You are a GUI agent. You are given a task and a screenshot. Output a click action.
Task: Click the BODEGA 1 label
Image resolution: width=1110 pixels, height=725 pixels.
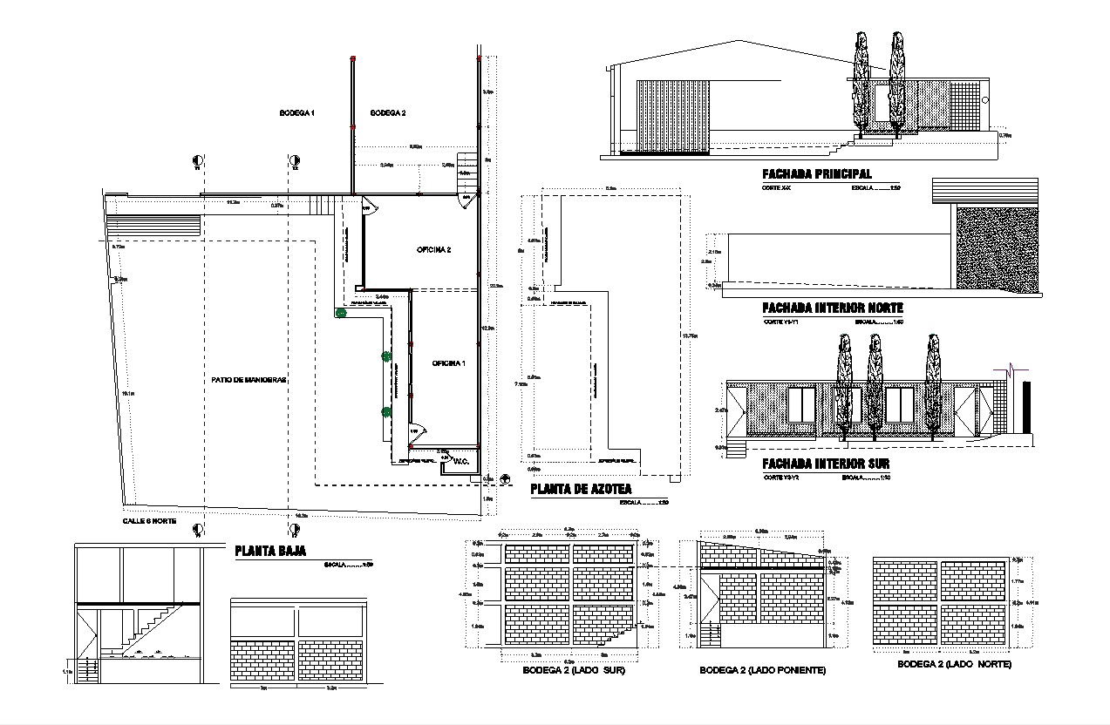click(296, 113)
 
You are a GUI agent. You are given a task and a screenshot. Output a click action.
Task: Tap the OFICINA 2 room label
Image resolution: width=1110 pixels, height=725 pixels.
click(433, 250)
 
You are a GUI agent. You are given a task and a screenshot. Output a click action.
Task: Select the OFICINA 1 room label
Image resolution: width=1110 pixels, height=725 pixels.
click(448, 363)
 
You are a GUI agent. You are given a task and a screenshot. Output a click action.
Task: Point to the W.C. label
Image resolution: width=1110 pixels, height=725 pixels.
click(461, 461)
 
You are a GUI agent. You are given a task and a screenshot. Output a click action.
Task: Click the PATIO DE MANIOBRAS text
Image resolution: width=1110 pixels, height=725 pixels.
click(249, 380)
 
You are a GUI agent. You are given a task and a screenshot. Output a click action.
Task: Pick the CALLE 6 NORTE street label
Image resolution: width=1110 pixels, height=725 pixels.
click(149, 520)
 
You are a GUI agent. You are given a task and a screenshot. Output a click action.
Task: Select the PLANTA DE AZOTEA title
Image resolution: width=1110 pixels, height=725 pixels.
click(581, 491)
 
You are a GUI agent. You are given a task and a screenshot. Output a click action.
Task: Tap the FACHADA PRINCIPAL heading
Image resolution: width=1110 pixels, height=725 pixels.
click(816, 174)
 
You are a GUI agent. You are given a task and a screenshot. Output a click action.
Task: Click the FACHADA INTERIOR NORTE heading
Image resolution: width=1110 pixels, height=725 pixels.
click(832, 308)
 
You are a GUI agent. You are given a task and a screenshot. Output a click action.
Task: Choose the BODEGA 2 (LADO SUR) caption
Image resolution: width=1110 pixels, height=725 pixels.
click(574, 671)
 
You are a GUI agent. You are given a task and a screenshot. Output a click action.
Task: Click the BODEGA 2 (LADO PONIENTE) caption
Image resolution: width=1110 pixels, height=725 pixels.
click(763, 671)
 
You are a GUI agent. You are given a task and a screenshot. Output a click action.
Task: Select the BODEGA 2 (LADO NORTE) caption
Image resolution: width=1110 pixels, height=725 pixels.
click(954, 664)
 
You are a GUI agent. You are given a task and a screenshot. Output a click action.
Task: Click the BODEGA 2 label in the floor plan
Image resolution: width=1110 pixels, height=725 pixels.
click(387, 113)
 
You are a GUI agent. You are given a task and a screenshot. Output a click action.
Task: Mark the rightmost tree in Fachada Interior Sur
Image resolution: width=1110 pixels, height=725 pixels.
click(932, 383)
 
